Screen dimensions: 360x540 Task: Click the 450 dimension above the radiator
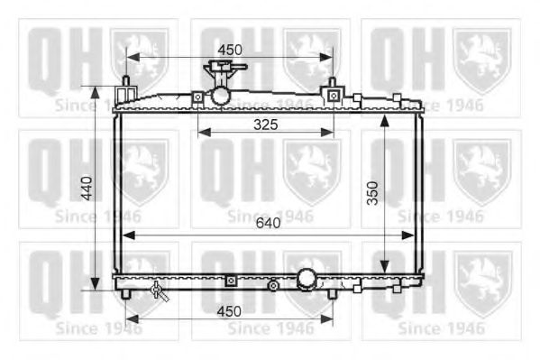pos(229,48)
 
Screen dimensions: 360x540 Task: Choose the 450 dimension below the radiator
pos(229,311)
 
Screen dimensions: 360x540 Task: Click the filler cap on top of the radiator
pos(218,70)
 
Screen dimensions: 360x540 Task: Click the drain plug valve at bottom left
pos(160,290)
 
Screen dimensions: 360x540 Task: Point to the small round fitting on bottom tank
pos(272,286)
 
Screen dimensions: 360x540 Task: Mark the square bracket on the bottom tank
pos(230,282)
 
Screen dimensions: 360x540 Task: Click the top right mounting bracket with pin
pos(333,92)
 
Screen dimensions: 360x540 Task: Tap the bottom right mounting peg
pos(333,293)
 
